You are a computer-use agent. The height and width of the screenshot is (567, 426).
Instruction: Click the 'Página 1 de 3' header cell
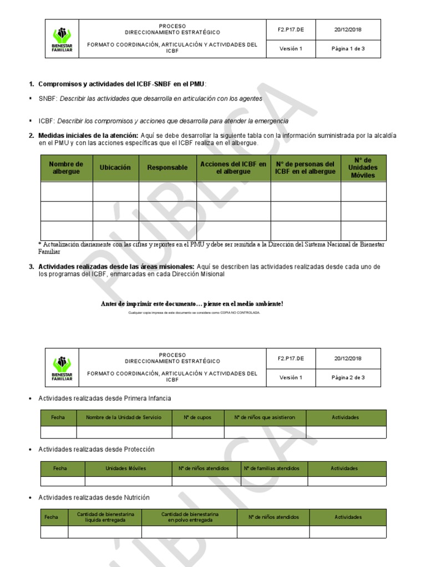[x=348, y=49]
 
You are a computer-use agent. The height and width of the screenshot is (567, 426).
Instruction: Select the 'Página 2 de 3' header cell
[x=348, y=378]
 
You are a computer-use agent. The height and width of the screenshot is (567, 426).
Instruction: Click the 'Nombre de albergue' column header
[x=66, y=168]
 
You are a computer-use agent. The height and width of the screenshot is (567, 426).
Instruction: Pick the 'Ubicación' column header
[x=115, y=168]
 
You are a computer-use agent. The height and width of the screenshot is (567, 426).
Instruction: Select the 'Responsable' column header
[x=167, y=168]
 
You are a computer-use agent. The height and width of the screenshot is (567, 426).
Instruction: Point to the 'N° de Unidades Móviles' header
[x=363, y=168]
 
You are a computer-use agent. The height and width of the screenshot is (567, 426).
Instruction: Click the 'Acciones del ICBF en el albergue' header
[x=233, y=168]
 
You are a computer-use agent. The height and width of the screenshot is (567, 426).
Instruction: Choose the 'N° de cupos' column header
[x=198, y=417]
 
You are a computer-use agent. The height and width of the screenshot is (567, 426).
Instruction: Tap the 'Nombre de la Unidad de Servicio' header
[x=124, y=417]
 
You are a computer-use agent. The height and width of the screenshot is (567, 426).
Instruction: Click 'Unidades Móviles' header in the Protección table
[x=126, y=468]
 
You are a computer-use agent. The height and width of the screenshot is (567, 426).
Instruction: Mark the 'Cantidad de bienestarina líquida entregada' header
[x=105, y=517]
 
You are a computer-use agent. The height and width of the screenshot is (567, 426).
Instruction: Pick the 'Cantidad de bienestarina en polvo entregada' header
[x=189, y=517]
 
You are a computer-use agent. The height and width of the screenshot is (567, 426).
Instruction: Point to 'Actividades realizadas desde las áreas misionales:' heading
[x=116, y=267]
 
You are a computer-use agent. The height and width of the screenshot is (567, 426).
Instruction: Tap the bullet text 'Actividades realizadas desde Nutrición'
[x=94, y=498]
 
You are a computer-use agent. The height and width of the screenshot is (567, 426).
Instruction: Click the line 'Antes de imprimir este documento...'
[x=192, y=303]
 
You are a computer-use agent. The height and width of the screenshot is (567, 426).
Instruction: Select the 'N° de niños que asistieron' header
[x=265, y=417]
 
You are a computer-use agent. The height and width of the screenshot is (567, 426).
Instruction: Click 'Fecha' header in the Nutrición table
[x=51, y=517]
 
